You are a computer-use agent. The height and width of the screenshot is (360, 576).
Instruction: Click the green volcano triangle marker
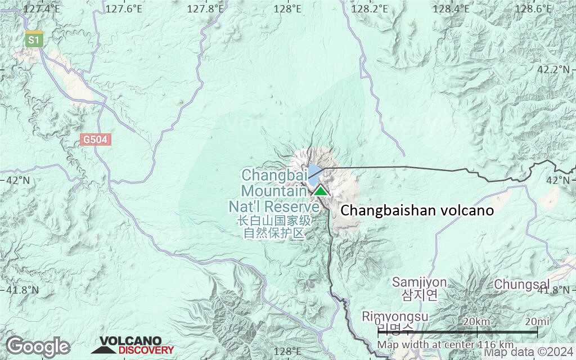[x=321, y=191]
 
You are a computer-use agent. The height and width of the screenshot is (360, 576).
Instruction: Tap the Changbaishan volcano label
[x=417, y=211]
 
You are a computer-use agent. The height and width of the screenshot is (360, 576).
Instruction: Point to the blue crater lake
[x=314, y=172]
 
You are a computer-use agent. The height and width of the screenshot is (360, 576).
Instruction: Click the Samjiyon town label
[x=420, y=282]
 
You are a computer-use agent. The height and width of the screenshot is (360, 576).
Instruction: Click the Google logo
[x=38, y=346]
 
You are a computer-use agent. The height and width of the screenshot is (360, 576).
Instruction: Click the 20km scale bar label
[x=476, y=321]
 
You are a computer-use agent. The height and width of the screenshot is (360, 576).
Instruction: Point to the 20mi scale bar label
[x=537, y=321]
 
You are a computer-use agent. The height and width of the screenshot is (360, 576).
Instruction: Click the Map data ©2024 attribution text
[x=529, y=353]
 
